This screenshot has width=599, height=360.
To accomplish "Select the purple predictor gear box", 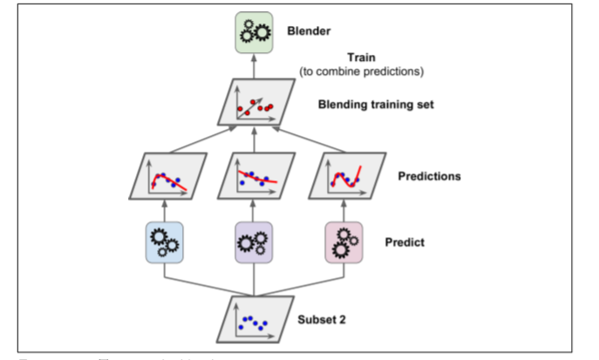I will [x=255, y=242].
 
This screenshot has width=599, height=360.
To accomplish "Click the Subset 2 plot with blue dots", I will [x=255, y=320].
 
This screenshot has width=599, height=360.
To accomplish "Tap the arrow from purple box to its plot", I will [x=255, y=210].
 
